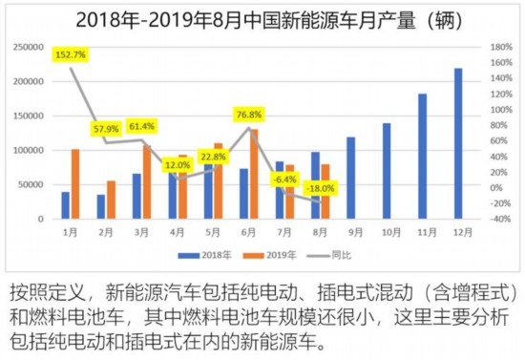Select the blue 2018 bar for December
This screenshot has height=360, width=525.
pos(458,143)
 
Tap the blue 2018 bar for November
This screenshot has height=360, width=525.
pos(422,156)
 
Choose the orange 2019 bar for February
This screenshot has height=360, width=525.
pos(111,200)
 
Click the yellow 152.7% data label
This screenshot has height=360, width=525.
pos(71,54)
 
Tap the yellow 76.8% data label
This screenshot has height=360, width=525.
pos(249,116)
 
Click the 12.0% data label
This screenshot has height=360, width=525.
pos(178,164)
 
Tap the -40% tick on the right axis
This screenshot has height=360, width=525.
pos(498,219)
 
